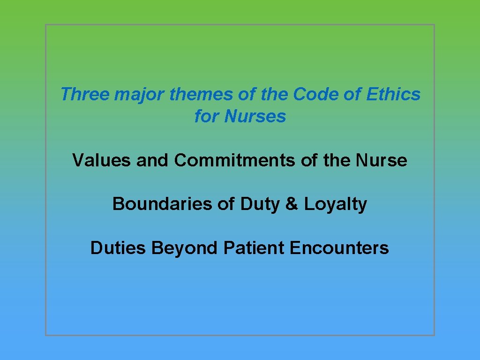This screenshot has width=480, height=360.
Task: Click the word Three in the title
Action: tap(85, 94)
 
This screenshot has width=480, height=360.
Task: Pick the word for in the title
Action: tap(207, 116)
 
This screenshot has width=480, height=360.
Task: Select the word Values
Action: tap(102, 160)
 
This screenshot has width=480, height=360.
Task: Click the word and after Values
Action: tap(153, 160)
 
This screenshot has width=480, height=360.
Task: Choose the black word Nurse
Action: tap(382, 160)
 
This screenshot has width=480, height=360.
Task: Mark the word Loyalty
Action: tap(335, 204)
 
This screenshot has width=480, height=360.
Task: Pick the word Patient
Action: tap(254, 247)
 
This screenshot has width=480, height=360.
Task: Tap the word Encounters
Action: tap(339, 247)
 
